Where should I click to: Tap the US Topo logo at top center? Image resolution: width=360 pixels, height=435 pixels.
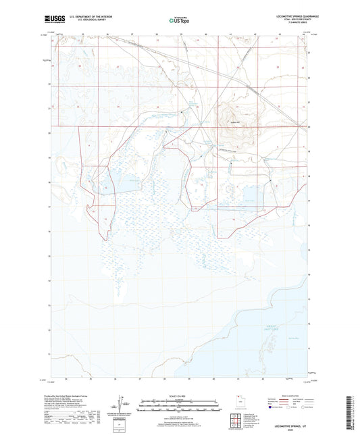[x=178, y=20]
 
